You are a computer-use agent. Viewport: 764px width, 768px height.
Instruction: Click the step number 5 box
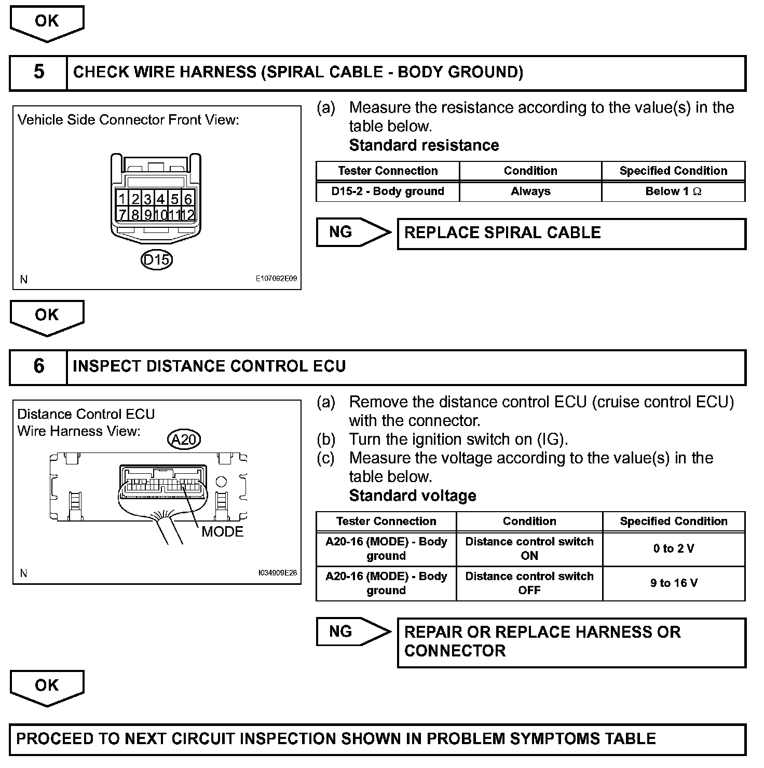39,72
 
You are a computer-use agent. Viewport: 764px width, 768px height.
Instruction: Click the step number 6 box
39,366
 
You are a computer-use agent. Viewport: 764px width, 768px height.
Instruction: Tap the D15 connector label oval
156,259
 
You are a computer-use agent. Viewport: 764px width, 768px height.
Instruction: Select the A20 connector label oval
184,440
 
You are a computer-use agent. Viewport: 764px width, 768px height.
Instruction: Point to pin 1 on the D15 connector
122,199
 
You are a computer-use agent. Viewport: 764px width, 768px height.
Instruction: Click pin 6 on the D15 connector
188,199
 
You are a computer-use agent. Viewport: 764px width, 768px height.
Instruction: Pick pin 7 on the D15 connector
122,214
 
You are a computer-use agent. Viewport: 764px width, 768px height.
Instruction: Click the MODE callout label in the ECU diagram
222,531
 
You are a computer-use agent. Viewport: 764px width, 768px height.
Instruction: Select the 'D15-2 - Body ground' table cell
388,191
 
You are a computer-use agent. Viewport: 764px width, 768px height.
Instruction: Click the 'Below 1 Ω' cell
673,191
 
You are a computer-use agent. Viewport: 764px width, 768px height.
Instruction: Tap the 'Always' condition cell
530,191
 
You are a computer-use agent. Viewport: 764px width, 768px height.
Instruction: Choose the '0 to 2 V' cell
673,548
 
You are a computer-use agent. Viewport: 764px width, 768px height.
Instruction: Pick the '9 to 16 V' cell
673,583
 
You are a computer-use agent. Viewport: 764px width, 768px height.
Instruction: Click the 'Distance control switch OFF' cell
529,583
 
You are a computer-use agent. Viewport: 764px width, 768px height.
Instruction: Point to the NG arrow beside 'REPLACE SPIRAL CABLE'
353,232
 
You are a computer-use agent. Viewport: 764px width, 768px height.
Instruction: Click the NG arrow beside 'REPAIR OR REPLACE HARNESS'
353,632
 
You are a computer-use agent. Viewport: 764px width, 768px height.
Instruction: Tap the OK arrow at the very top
47,22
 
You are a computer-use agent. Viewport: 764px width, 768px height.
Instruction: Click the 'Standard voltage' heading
413,496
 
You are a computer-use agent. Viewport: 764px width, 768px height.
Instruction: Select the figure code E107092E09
276,279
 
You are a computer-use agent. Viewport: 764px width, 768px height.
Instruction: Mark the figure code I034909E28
277,573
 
